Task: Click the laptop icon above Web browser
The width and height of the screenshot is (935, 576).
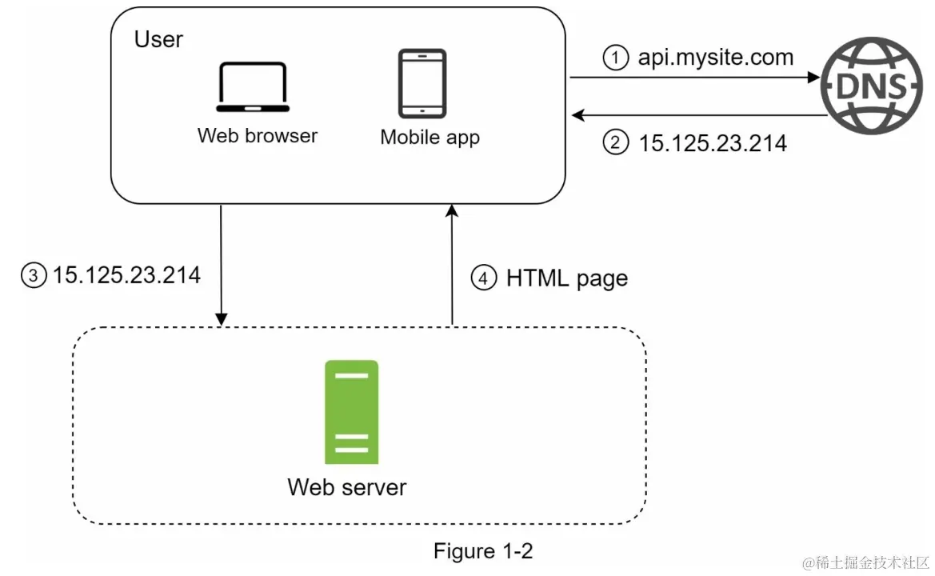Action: (x=253, y=87)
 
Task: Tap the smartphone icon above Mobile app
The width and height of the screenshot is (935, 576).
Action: (x=422, y=83)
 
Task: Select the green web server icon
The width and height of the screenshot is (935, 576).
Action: (x=351, y=411)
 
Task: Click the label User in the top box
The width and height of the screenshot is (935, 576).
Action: (x=158, y=39)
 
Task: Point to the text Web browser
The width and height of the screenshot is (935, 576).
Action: (x=258, y=135)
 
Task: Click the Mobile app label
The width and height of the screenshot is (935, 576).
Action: (x=430, y=137)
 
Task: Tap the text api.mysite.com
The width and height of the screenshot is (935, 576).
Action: (x=715, y=57)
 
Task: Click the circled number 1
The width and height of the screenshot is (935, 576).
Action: (x=615, y=58)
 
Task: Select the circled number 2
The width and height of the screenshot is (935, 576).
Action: (x=615, y=143)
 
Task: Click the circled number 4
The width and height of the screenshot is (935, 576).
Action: (x=482, y=278)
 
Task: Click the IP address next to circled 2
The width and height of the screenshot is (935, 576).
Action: (x=713, y=143)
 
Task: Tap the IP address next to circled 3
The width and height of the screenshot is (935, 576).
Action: (x=126, y=275)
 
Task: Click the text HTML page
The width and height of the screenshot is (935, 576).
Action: (x=566, y=278)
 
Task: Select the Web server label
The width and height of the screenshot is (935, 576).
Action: (x=346, y=486)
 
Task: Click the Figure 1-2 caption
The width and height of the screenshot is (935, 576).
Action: (x=482, y=550)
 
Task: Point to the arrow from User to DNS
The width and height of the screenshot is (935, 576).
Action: (x=696, y=78)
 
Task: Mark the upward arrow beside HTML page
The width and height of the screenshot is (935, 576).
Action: (x=452, y=264)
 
